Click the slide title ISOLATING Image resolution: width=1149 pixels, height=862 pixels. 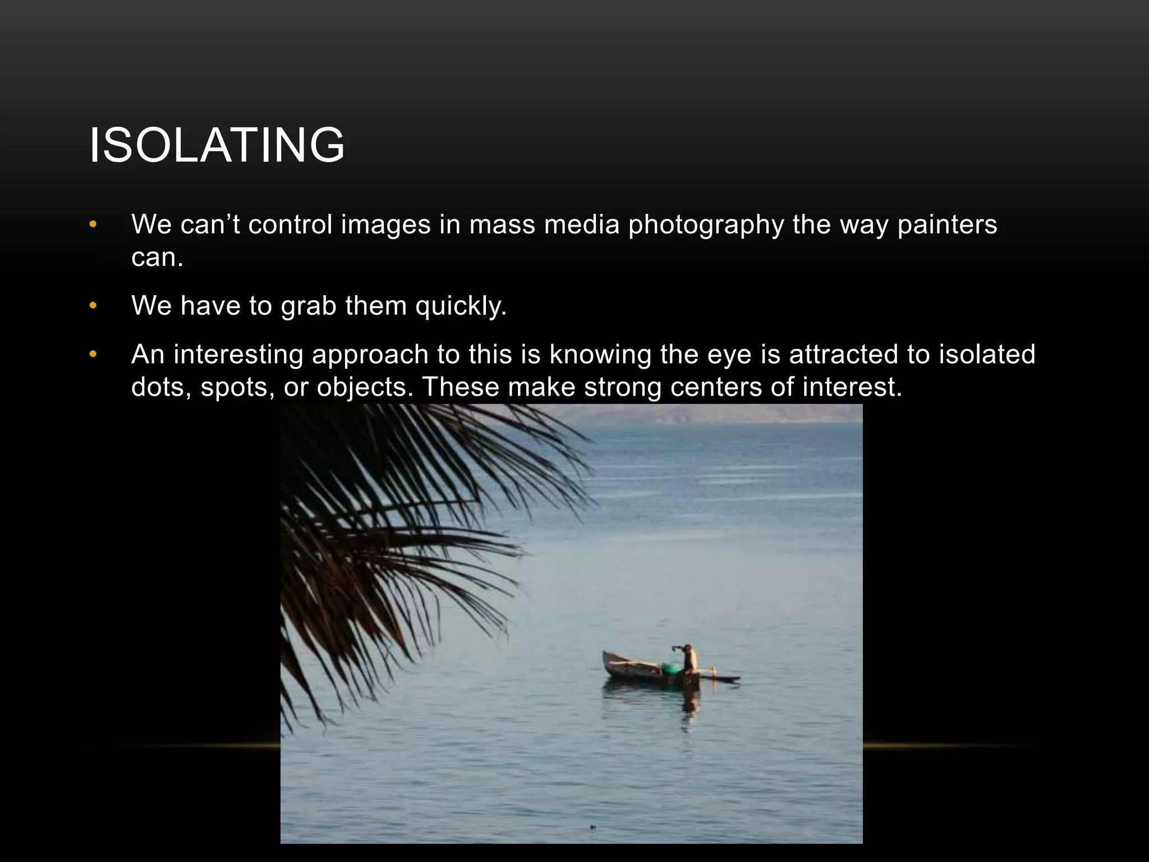217,145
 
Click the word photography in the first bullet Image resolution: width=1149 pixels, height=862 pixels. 705,225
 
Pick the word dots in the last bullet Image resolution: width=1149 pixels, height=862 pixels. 160,387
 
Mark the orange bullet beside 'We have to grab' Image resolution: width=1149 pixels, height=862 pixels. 93,306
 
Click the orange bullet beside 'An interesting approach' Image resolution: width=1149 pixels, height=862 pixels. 93,355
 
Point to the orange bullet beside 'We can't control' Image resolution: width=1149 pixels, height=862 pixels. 93,224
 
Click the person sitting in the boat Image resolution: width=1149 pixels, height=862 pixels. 690,659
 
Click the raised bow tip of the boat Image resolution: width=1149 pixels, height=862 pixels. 605,654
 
